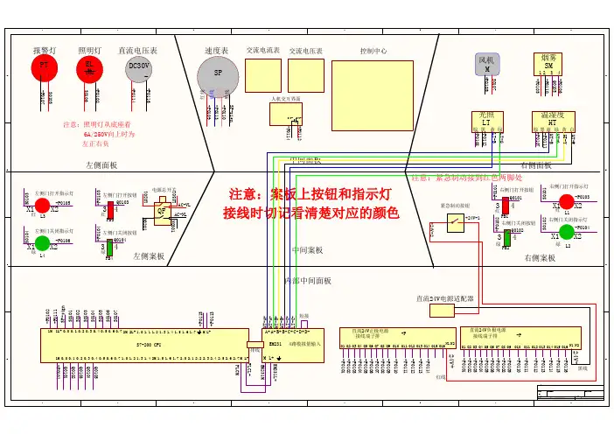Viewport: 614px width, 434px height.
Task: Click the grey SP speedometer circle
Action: click(x=218, y=77)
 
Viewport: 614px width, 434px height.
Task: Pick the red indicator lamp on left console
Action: click(x=42, y=206)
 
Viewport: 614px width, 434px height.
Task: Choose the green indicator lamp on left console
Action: click(x=42, y=242)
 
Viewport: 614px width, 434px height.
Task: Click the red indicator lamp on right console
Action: click(x=566, y=202)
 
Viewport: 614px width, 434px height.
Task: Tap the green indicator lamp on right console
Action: click(x=566, y=232)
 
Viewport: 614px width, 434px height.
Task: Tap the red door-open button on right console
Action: click(x=501, y=207)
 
